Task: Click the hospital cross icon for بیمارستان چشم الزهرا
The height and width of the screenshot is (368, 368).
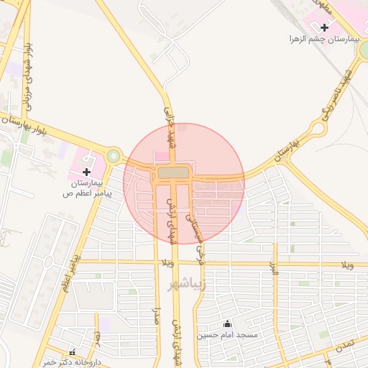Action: pos(325,27)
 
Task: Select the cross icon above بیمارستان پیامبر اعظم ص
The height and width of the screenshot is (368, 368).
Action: pos(87,172)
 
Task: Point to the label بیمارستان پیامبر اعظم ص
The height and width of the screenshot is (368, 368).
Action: pos(87,188)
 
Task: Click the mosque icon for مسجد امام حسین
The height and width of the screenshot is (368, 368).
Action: pos(229,323)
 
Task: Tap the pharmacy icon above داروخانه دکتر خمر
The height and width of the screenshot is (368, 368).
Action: pos(72,352)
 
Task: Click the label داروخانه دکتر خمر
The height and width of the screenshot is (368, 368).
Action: pos(70,362)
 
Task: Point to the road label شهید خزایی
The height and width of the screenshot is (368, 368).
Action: pos(170,125)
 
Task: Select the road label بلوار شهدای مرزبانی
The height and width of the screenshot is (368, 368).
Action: pos(27,75)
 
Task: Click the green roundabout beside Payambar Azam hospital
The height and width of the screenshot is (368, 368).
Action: pos(113,156)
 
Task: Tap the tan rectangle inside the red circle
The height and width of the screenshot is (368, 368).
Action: pos(172,173)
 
